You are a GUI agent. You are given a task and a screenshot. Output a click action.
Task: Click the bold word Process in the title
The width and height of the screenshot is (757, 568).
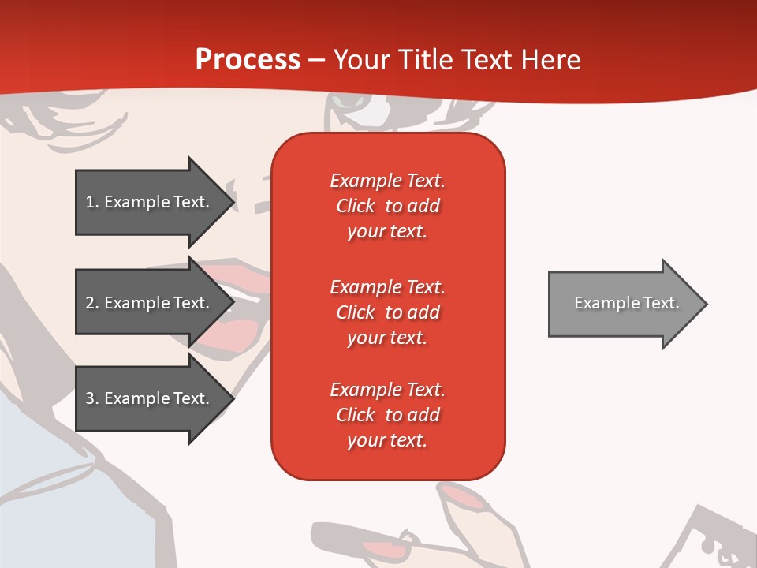248,60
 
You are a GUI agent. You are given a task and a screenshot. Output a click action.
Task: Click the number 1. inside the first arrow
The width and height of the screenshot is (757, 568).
92,202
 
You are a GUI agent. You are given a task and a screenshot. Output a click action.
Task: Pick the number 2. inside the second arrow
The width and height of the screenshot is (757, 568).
92,303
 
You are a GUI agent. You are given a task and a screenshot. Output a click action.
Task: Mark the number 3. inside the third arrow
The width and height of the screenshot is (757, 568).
92,398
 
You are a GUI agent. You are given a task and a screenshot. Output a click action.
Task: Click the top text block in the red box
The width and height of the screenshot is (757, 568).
387,206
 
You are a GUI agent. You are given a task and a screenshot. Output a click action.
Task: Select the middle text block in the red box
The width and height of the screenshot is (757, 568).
387,312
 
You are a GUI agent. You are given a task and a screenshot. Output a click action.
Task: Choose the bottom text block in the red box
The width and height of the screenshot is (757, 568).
387,415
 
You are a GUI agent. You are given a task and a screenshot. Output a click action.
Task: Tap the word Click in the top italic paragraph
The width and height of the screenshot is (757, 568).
356,206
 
